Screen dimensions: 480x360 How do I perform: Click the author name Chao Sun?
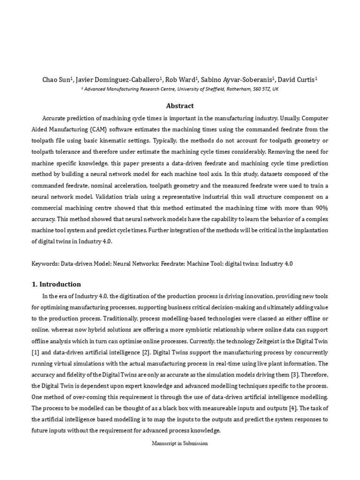coord(55,80)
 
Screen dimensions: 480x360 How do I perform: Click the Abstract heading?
coord(180,106)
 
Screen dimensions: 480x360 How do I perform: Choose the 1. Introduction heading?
coord(57,284)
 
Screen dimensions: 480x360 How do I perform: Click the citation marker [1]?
coord(47,352)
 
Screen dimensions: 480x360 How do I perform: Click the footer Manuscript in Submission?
coord(180,443)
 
